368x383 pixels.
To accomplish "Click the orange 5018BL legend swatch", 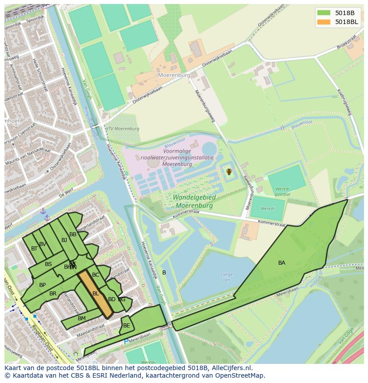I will (x=324, y=22).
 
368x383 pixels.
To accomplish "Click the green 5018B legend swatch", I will (x=324, y=12).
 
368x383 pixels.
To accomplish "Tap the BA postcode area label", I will (x=282, y=263).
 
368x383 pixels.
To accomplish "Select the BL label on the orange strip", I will (x=96, y=294).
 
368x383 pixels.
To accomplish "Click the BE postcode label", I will (x=127, y=326).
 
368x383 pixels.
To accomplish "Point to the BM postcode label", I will (x=81, y=318).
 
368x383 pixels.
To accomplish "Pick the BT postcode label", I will (x=34, y=249).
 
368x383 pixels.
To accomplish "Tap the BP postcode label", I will (x=42, y=285).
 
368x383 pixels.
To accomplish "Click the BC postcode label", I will (x=96, y=275).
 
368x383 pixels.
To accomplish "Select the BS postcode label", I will (x=48, y=264).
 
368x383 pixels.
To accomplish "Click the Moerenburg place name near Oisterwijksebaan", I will (x=174, y=75).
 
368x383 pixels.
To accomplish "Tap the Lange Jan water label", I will (x=227, y=277).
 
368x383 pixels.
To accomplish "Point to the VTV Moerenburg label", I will (x=123, y=129).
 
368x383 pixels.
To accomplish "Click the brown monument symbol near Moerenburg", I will (x=229, y=171).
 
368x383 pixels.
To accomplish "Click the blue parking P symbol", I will (x=126, y=342).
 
